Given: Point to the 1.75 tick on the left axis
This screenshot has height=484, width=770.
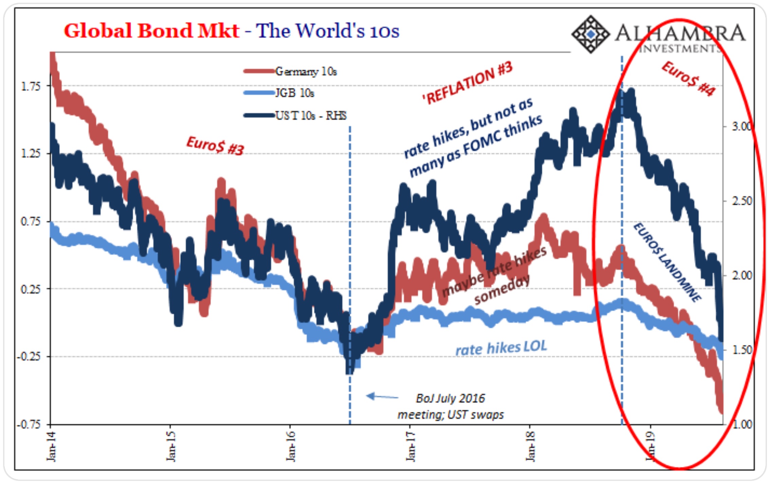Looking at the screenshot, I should click(31, 86).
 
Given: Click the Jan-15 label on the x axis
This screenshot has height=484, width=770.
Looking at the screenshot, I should click(171, 446).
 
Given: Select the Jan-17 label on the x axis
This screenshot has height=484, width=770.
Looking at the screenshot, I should click(410, 446).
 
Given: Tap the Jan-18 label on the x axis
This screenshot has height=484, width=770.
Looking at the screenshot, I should click(530, 446).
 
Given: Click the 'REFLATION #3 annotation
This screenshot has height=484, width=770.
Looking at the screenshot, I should click(467, 83).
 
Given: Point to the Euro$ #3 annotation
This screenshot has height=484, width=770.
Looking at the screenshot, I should click(215, 145).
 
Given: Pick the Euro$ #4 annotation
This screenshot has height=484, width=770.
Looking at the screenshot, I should click(688, 79).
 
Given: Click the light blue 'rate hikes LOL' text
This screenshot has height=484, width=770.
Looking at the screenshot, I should click(501, 348).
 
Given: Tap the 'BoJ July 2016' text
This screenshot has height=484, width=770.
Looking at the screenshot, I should click(450, 398).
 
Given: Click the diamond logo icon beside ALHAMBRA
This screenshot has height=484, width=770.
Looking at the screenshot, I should click(591, 34).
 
